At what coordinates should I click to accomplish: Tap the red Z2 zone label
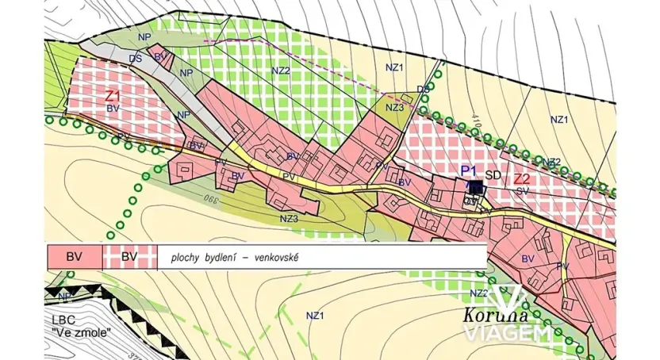click(521, 178)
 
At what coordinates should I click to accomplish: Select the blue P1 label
click(468, 170)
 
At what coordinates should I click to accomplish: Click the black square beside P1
click(475, 188)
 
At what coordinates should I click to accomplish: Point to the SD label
click(493, 175)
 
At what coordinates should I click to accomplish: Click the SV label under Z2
click(522, 191)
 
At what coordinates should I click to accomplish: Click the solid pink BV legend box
click(74, 257)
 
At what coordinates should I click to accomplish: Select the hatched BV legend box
click(129, 257)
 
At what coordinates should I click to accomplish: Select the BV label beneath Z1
click(113, 107)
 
